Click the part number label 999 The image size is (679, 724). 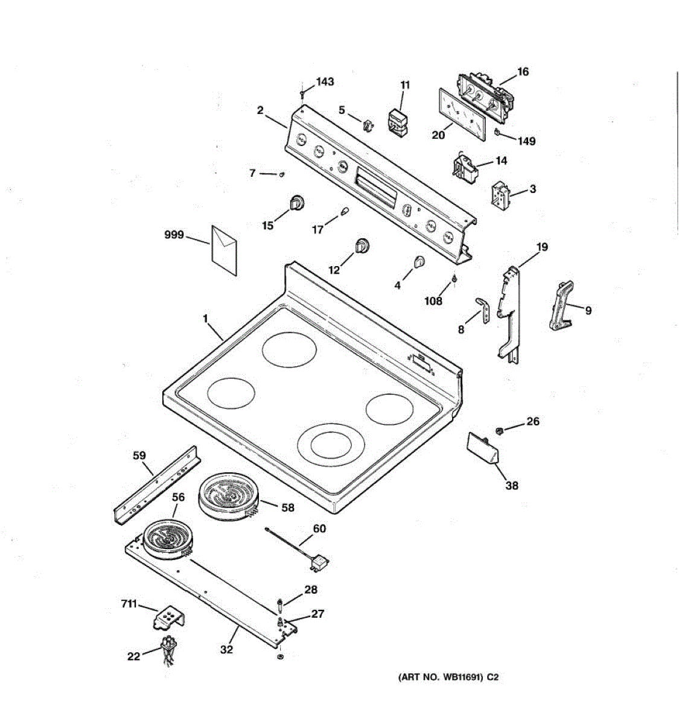pos(174,235)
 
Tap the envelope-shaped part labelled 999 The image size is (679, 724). pos(224,250)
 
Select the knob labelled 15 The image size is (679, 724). pos(297,203)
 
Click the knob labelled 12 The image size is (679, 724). pos(362,246)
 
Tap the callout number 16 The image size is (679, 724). pos(523,72)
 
